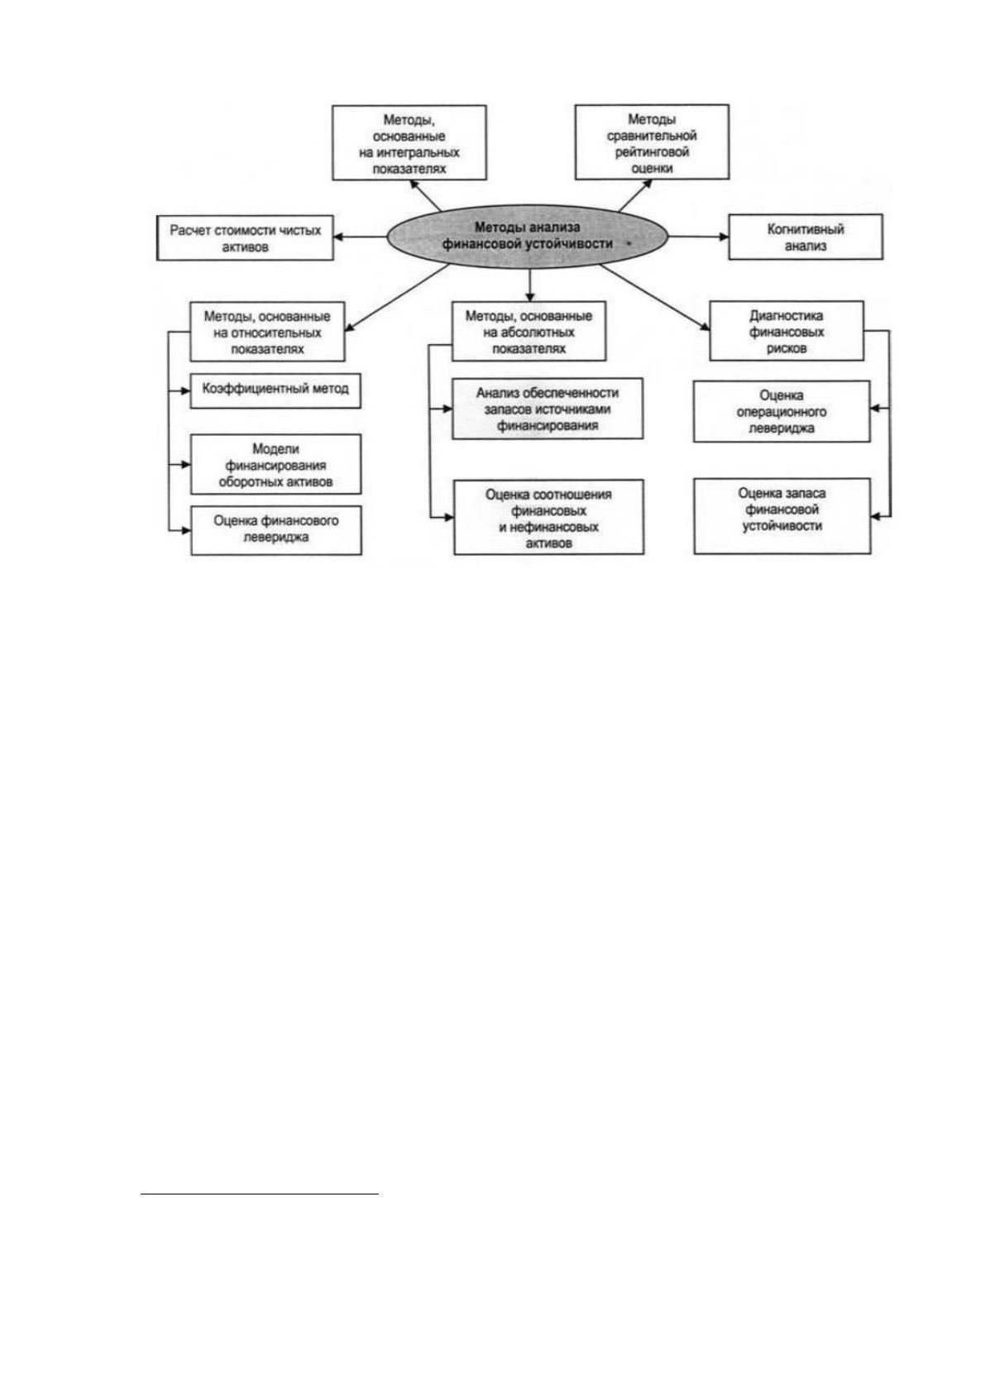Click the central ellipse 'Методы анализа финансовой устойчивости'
tap(528, 237)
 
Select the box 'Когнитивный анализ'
tap(806, 237)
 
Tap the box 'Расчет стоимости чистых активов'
tap(245, 238)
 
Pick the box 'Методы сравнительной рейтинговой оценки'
tap(652, 142)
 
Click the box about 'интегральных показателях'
tap(409, 143)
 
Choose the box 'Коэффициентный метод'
tap(275, 390)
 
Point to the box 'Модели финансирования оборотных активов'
tap(275, 465)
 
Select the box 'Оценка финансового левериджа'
tap(276, 530)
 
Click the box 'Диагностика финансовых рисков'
tap(787, 331)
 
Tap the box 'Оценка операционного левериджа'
tap(782, 412)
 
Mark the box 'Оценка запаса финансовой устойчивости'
tap(782, 515)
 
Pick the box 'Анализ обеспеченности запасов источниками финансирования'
tap(547, 409)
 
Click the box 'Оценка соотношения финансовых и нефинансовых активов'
tap(548, 517)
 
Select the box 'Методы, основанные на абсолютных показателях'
tap(528, 332)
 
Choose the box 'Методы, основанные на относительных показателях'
tap(267, 332)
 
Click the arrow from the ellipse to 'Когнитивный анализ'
tap(698, 237)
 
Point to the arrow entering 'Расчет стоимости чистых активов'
tap(361, 237)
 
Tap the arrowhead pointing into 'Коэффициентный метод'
tap(184, 390)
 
